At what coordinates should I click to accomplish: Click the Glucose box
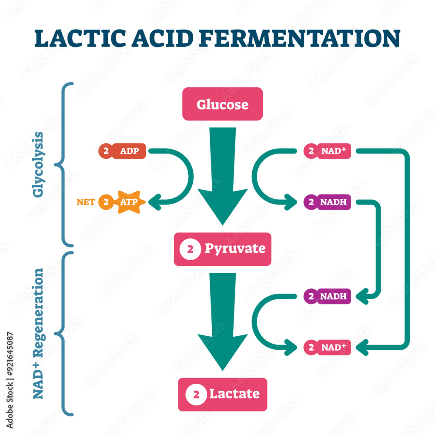click(222, 104)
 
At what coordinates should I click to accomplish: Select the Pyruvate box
click(222, 249)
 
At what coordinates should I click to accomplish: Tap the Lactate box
click(222, 394)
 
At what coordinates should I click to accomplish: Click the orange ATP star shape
click(129, 202)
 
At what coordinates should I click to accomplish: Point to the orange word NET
click(86, 202)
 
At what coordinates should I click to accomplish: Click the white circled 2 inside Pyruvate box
click(190, 249)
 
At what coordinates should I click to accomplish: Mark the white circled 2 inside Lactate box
click(196, 395)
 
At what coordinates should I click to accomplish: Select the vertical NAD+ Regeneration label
click(39, 333)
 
